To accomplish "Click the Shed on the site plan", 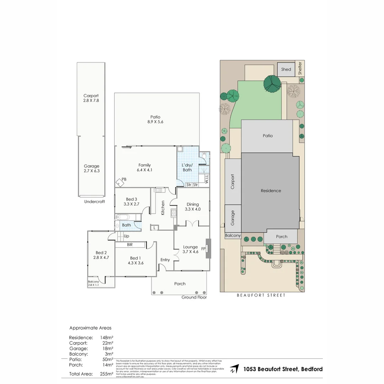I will coord(286,69).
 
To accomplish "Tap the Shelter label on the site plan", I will coord(300,68).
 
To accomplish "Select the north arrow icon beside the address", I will coord(234,369).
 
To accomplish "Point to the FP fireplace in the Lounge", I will coord(208,249).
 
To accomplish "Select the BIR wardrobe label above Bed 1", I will coord(130,245).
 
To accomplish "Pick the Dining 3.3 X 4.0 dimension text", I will coord(193,209).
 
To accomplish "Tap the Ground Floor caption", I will coord(194,297).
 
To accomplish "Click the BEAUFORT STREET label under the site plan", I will coord(262,295).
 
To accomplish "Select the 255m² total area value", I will coord(107,374).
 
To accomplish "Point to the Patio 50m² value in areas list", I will coord(107,359).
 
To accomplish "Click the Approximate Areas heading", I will coord(90,328).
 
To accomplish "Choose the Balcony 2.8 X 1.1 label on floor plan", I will coord(94,283).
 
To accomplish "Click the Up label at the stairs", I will coord(126,236).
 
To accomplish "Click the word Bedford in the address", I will coord(312,369).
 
